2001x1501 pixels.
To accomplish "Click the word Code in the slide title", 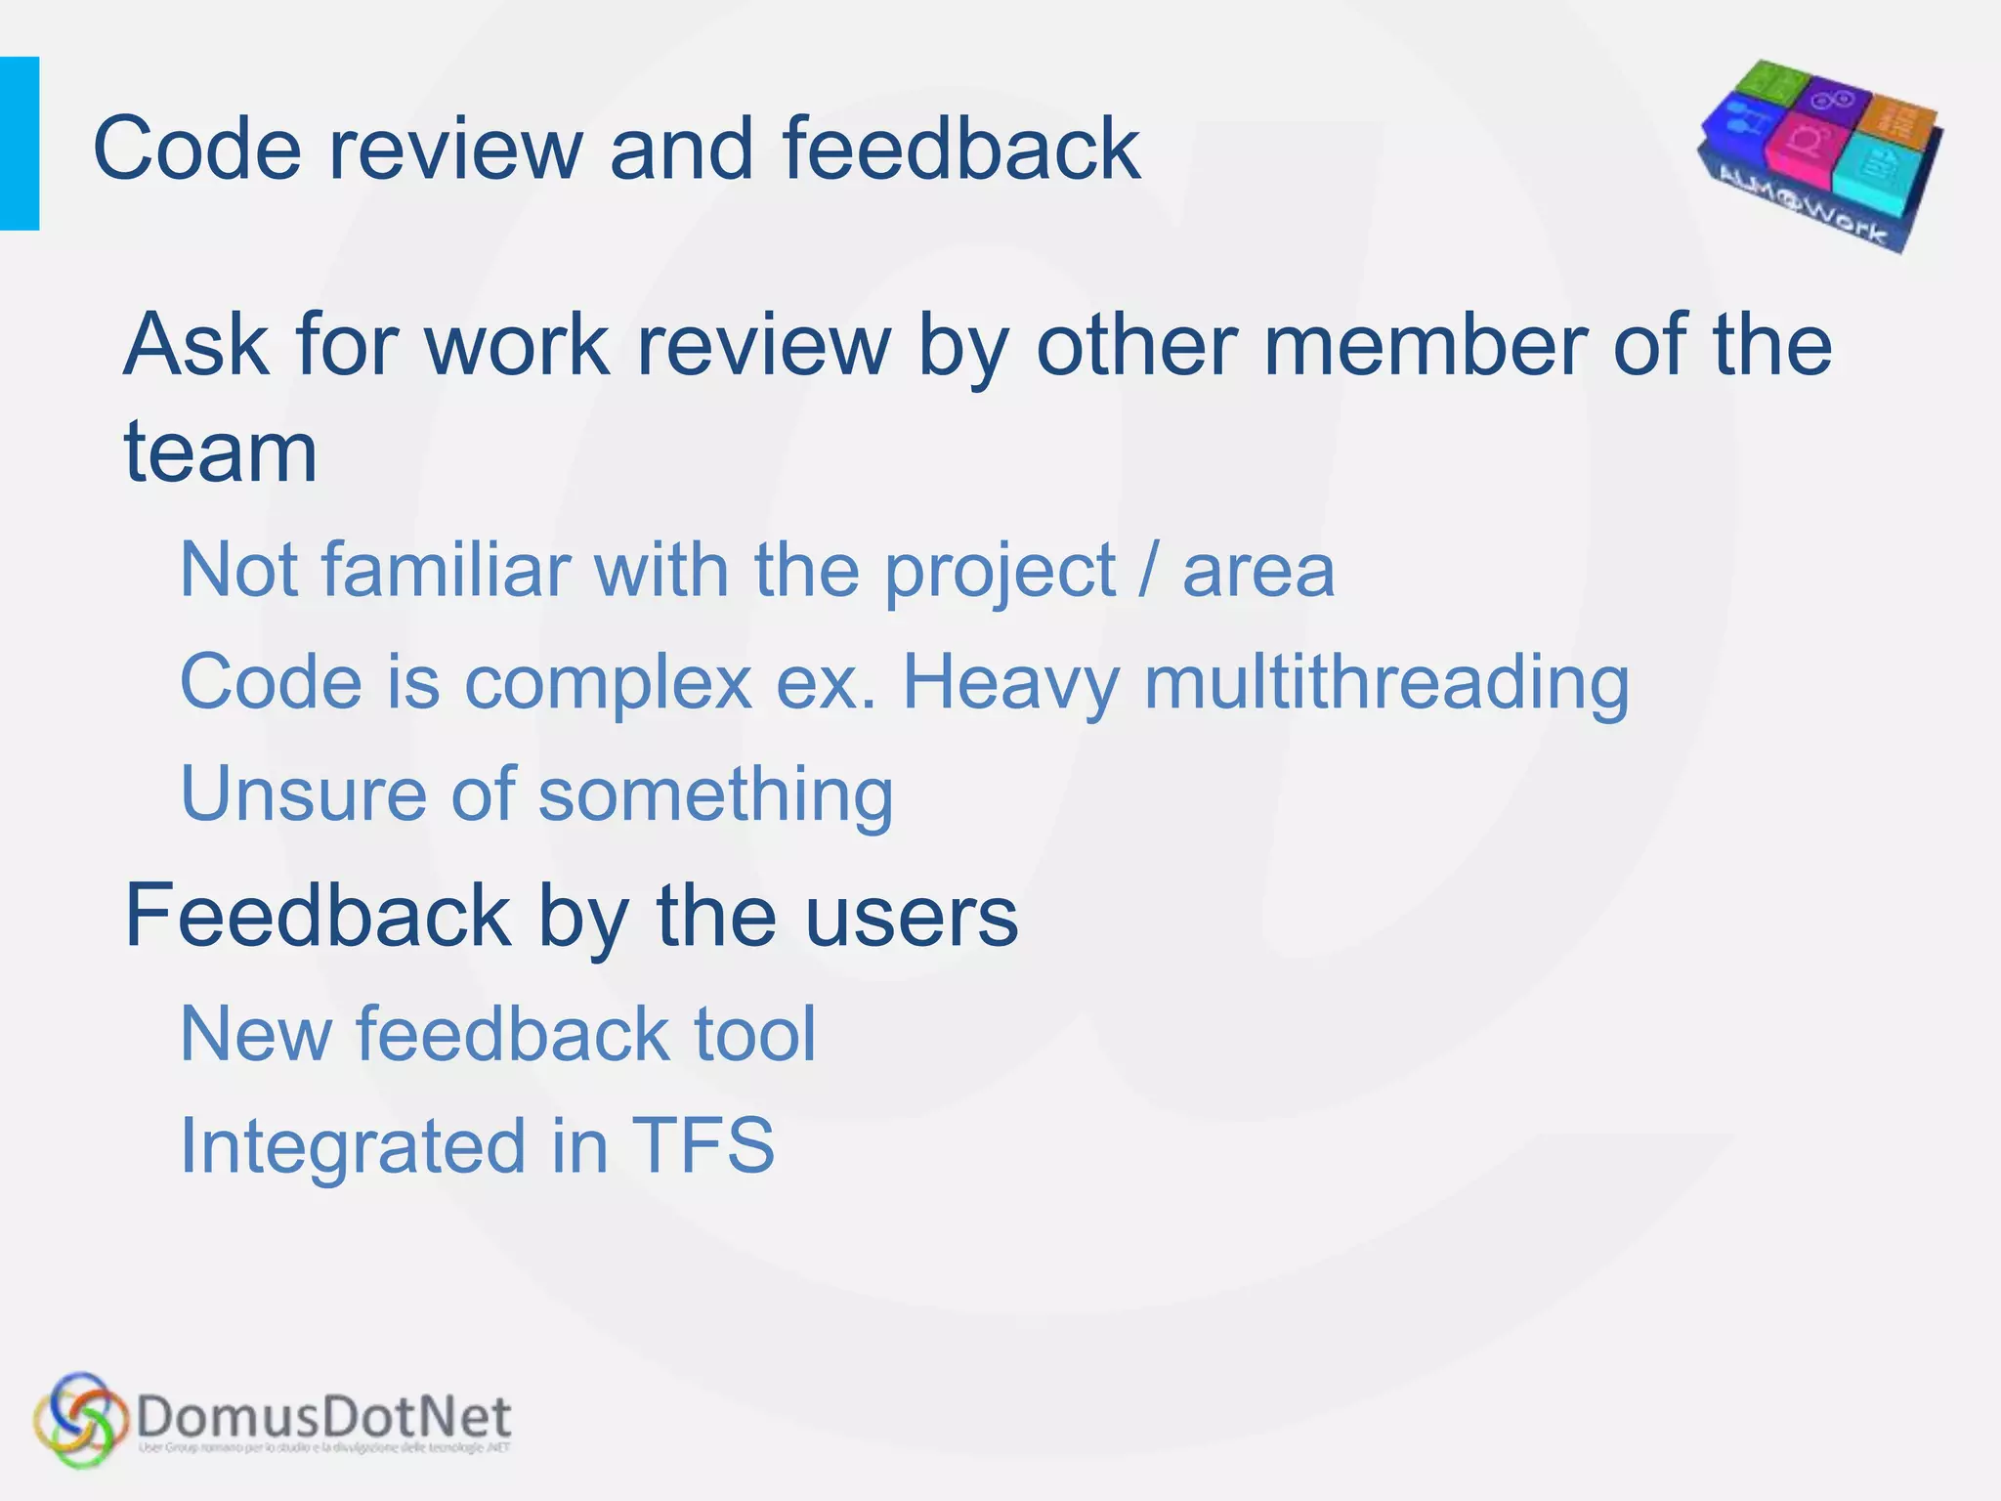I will (196, 150).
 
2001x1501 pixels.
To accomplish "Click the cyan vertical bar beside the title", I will (20, 144).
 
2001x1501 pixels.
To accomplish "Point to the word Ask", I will (195, 345).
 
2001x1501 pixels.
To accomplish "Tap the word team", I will (221, 452).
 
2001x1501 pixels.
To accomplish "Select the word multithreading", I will (1386, 682).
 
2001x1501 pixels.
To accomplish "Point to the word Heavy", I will (1010, 682).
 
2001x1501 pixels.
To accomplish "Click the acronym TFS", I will (703, 1145).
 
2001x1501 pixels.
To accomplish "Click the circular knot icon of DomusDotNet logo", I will (80, 1420).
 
